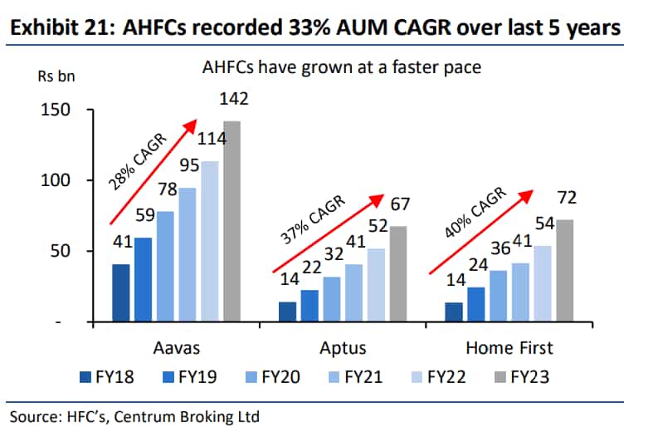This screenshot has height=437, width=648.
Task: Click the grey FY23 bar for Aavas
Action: pos(231,221)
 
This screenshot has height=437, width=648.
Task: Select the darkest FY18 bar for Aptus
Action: pos(287,312)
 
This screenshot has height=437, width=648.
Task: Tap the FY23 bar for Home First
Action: pos(564,270)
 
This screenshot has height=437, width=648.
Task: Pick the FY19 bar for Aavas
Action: pos(143,279)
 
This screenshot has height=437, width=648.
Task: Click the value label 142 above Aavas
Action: pos(233,99)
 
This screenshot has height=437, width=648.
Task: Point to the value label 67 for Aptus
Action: pos(400,204)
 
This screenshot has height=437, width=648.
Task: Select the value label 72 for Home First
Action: pos(567,198)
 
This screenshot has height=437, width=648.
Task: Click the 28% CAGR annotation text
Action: pos(137,162)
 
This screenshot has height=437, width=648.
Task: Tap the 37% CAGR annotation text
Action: pos(313,219)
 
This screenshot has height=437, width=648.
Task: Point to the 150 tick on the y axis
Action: pos(56,110)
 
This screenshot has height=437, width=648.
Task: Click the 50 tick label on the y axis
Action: pos(61,251)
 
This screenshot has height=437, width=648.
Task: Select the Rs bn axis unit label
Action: pos(56,76)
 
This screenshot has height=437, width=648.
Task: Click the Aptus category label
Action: pos(343,348)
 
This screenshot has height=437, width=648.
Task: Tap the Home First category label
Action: pos(509,348)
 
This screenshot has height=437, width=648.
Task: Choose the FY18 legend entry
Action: pos(107,377)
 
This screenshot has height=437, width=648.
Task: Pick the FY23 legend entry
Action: pos(522,377)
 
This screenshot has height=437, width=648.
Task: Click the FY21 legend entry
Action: pos(355,377)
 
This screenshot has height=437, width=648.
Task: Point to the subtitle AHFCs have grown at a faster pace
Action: pos(342,67)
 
